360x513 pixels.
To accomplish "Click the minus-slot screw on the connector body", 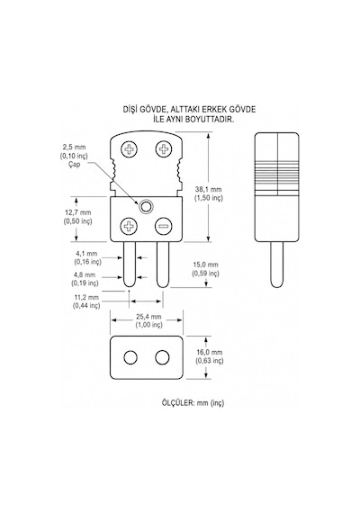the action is (x=164, y=227).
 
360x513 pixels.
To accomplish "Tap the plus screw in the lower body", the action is (x=130, y=227).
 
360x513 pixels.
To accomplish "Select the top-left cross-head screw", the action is (x=130, y=149).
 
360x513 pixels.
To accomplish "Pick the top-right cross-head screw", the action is (x=164, y=149).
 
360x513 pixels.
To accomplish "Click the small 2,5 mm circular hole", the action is (x=146, y=206).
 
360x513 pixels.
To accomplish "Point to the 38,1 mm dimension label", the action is (x=209, y=189).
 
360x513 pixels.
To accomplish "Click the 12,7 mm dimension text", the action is (x=78, y=212).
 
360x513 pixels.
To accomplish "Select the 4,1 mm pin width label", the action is (x=86, y=253).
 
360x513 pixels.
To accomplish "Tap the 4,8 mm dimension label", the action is (x=85, y=274).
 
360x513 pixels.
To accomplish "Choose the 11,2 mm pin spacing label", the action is (x=86, y=297).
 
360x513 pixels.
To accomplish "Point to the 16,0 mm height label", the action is (x=210, y=352).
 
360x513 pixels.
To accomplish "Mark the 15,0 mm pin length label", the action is (x=205, y=265).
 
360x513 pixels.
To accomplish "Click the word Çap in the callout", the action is (x=75, y=164).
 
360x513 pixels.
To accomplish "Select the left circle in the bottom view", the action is (x=130, y=357).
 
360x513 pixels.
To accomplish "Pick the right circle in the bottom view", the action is (x=162, y=357).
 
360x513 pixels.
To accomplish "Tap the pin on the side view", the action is (x=276, y=265).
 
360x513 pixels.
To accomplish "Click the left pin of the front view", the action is (x=130, y=265).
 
